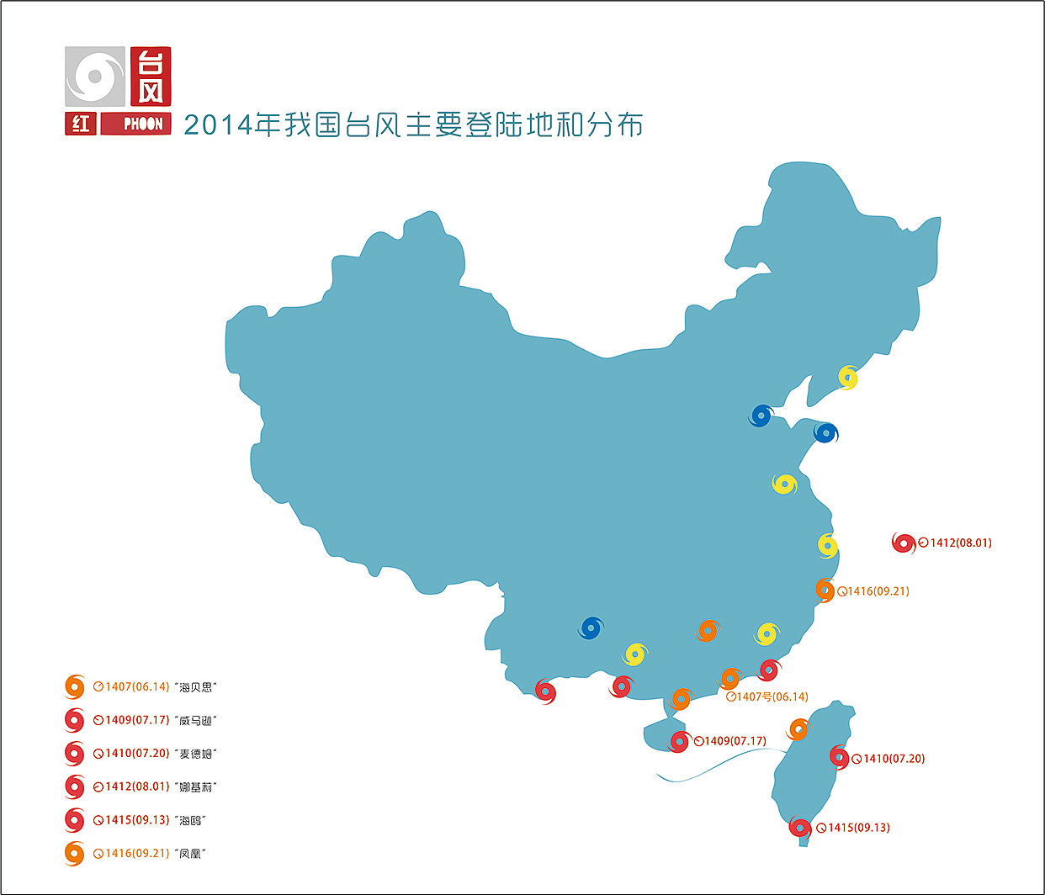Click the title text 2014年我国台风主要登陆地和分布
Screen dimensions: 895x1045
(413, 125)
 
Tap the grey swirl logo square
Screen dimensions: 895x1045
(95, 77)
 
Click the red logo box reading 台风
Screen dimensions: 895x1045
(151, 77)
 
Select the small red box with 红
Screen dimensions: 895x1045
(81, 124)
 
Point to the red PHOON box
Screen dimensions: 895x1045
(136, 124)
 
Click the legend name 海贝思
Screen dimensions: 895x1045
(197, 687)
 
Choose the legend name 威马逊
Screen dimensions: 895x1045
(197, 721)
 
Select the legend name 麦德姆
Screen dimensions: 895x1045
(197, 754)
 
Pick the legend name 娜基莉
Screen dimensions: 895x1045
(197, 787)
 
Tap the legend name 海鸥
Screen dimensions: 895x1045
(191, 820)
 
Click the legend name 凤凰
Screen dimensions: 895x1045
(192, 854)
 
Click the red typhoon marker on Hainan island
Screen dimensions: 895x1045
(679, 742)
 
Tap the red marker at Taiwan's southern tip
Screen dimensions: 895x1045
(799, 828)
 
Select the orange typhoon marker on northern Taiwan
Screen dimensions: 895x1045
(798, 729)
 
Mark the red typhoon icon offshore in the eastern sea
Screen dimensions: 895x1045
(904, 543)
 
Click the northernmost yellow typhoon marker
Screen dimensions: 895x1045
(848, 378)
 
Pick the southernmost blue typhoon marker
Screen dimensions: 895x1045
(591, 628)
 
